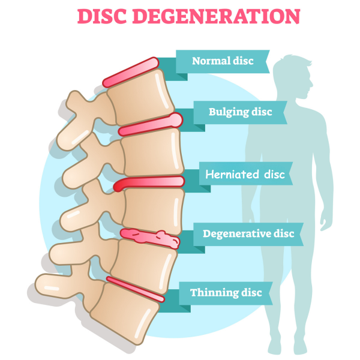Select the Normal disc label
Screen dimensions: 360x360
pos(223,61)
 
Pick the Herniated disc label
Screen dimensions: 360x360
pos(245,175)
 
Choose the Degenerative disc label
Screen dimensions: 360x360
pos(248,233)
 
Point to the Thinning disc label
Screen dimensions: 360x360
pos(226,292)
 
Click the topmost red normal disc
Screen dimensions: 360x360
pos(130,71)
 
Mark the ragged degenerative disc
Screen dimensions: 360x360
pos(150,238)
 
